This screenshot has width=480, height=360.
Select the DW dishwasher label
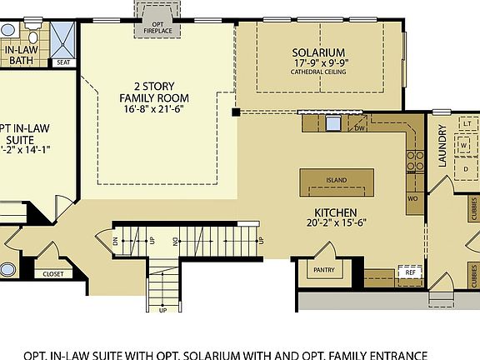[359, 127]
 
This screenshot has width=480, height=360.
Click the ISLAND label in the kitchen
[336, 180]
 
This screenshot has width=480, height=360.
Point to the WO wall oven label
[412, 198]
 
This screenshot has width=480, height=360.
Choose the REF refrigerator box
[409, 272]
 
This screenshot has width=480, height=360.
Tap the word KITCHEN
[336, 212]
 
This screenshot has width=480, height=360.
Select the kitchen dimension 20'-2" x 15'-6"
[336, 222]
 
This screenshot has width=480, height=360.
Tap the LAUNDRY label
[442, 147]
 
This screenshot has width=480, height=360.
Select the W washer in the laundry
[464, 144]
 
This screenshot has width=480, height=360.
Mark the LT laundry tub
[467, 123]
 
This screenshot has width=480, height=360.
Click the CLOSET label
[52, 272]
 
